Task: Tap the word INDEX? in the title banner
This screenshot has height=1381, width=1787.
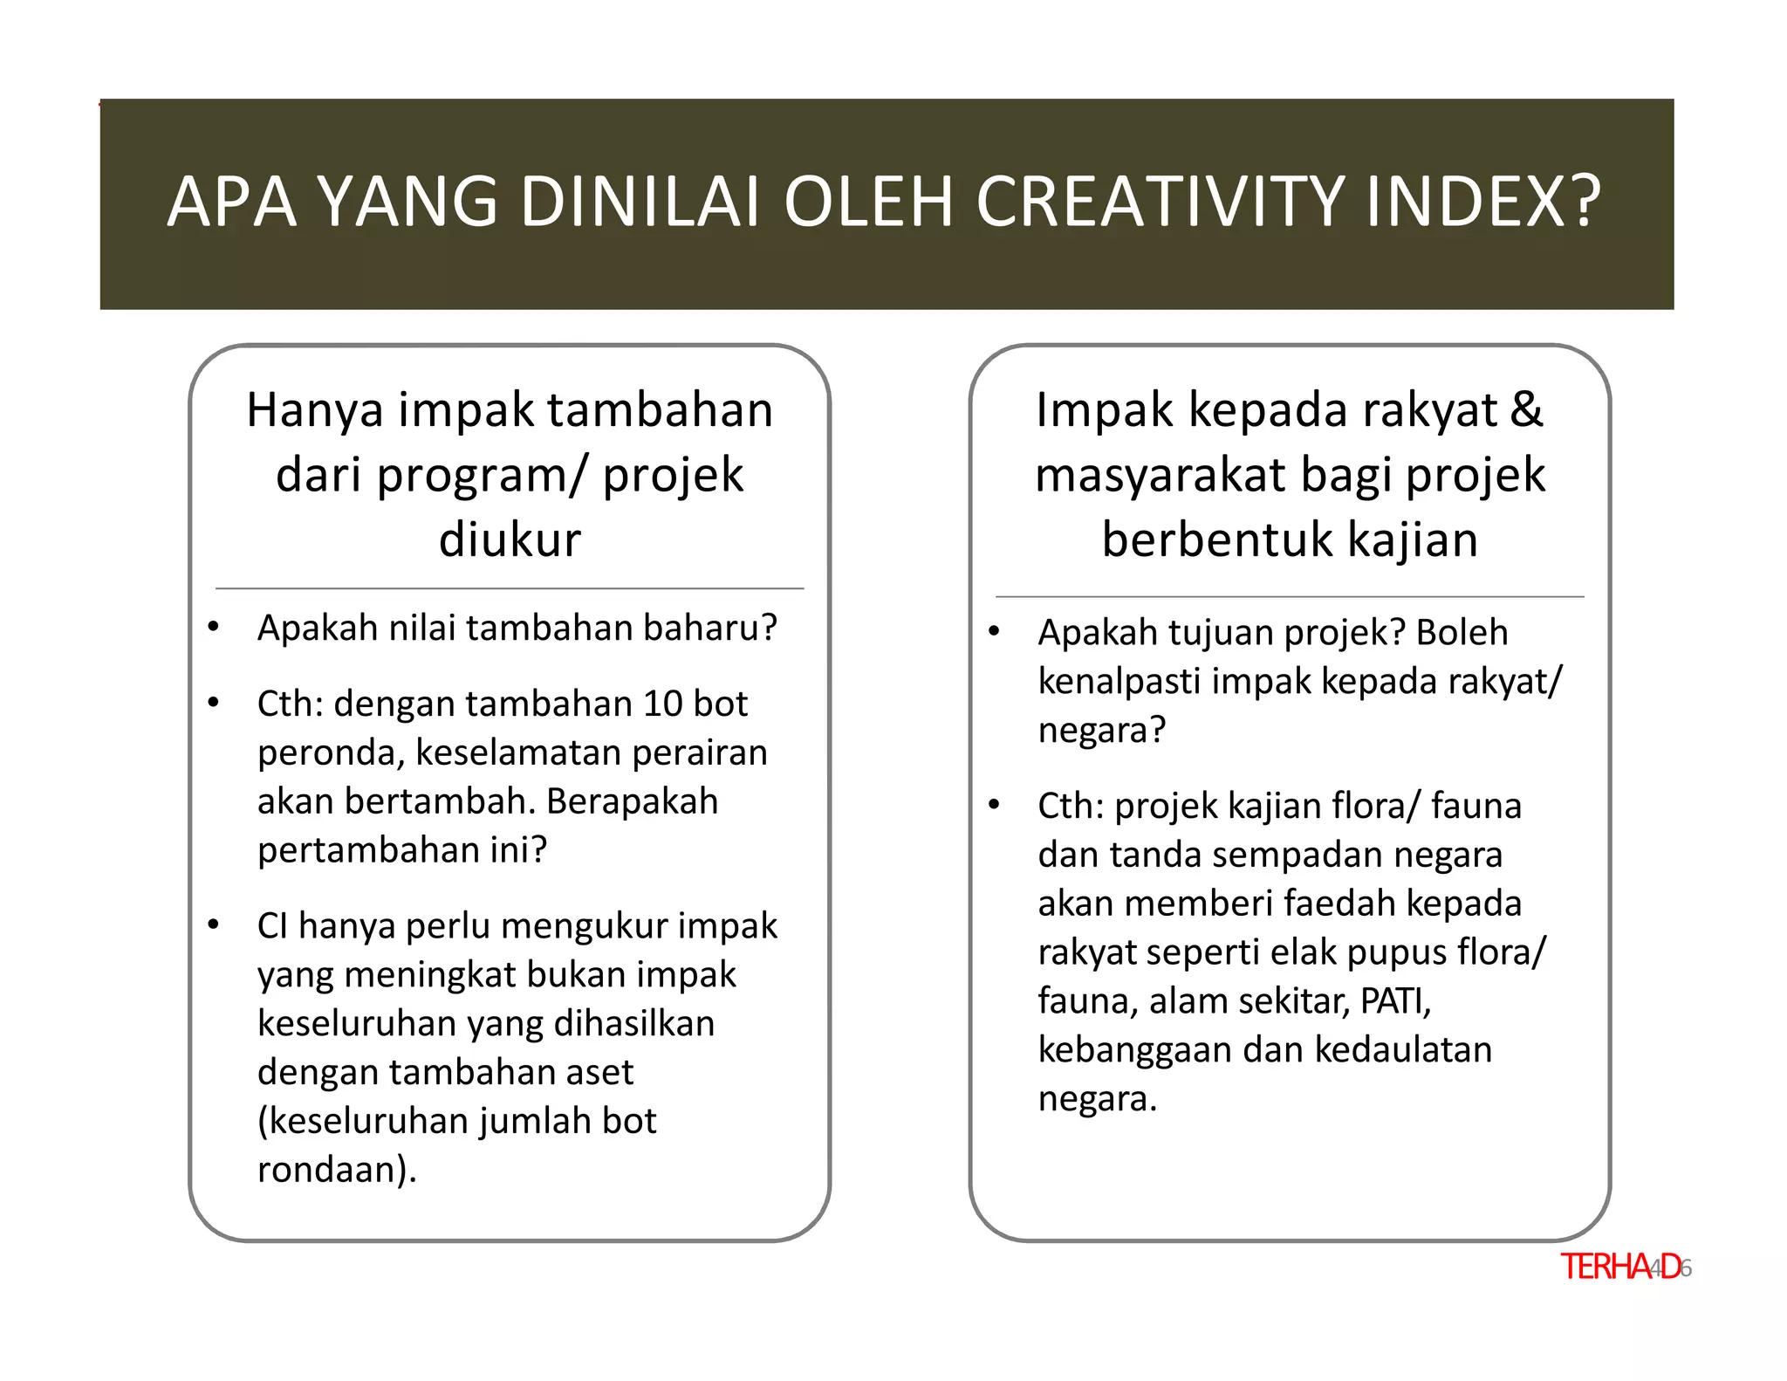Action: point(1482,202)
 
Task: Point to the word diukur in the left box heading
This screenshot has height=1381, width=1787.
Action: point(510,539)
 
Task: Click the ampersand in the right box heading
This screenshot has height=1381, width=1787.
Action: point(1526,409)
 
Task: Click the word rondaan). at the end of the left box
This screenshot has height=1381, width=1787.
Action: point(337,1170)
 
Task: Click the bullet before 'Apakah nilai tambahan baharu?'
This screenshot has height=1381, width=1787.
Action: point(214,627)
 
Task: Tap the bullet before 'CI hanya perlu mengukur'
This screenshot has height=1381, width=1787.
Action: point(214,924)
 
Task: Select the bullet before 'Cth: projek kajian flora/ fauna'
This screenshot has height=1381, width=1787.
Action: point(994,804)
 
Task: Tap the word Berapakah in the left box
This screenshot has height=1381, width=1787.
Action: point(632,801)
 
